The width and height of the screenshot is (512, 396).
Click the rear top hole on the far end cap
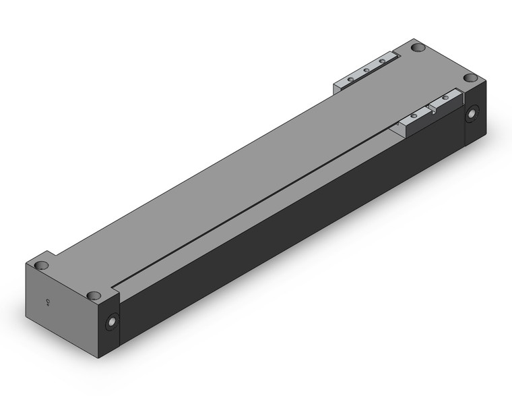coord(418,49)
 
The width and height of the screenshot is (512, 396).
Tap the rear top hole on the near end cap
coord(41,265)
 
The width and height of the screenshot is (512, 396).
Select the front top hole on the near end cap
coord(94,295)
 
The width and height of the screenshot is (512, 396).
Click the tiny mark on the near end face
coord(48,302)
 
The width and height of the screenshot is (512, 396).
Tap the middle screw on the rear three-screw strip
coord(366,70)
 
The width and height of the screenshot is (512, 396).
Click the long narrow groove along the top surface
coord(256,202)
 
